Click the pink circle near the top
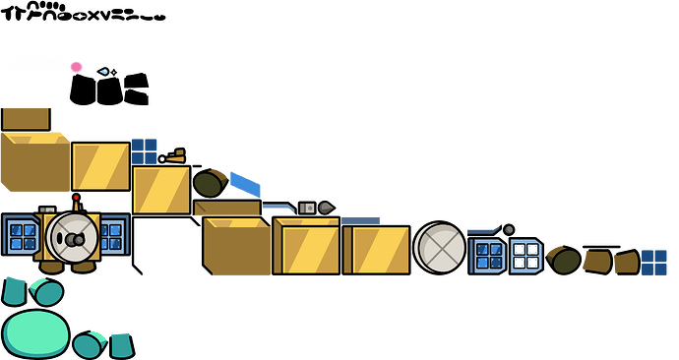(x=76, y=67)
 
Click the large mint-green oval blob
(x=35, y=332)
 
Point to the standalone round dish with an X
(x=439, y=246)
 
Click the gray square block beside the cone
(x=306, y=208)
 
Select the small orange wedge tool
(x=173, y=155)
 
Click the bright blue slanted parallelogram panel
(x=246, y=184)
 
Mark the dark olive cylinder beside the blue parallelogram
(x=209, y=182)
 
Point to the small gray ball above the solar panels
(x=508, y=229)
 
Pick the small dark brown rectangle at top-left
(x=26, y=118)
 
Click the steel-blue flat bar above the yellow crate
(x=360, y=219)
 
